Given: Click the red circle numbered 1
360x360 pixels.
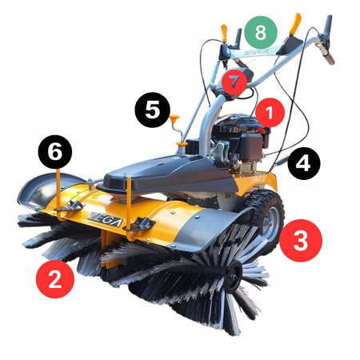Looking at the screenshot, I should [x=269, y=114].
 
